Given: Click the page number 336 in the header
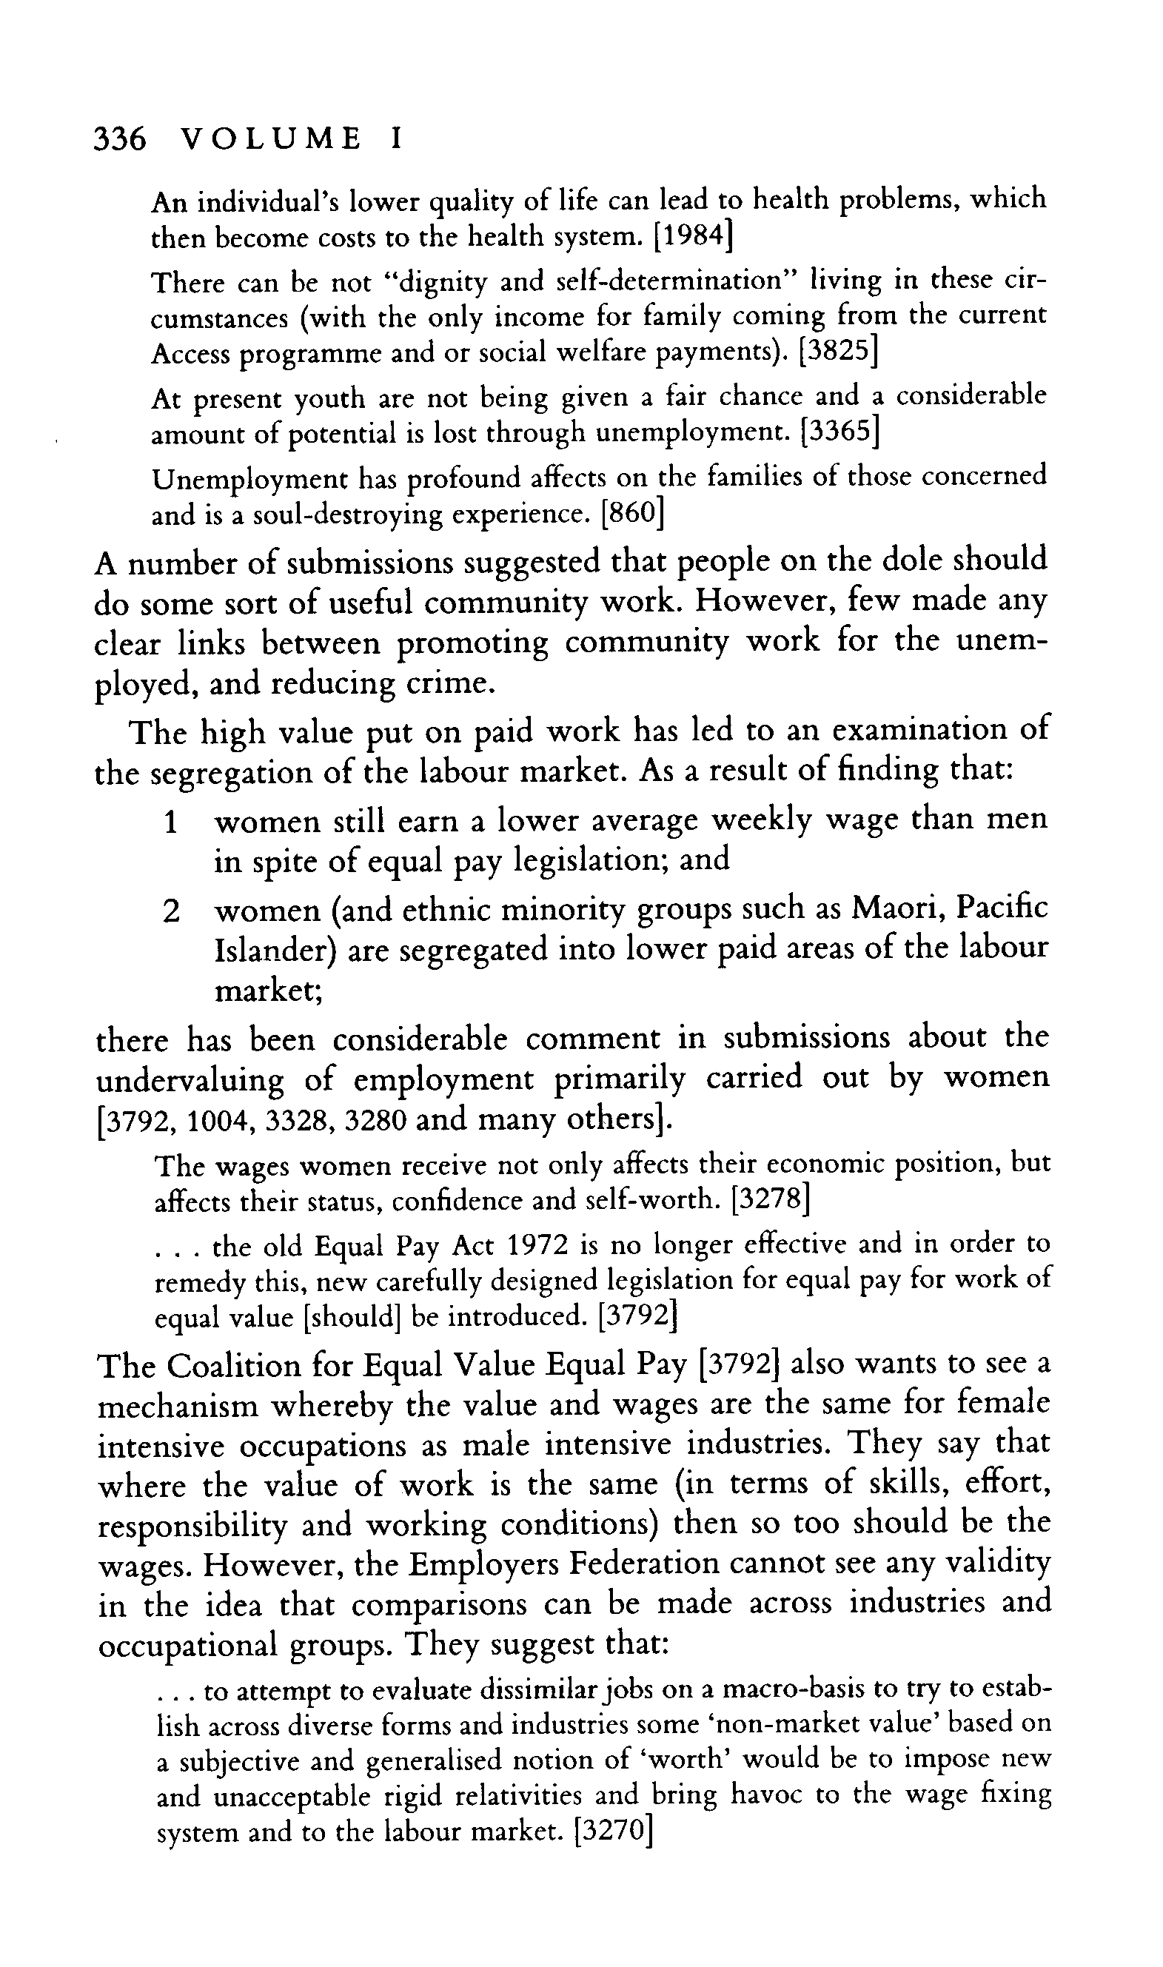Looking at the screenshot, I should point(119,139).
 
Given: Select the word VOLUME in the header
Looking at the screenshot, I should point(270,139).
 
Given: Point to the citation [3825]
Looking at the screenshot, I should point(837,352).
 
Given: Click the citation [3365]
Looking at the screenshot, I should point(838,432).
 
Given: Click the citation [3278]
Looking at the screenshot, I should point(770,1201).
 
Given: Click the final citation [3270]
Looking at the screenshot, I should point(614,1832).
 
